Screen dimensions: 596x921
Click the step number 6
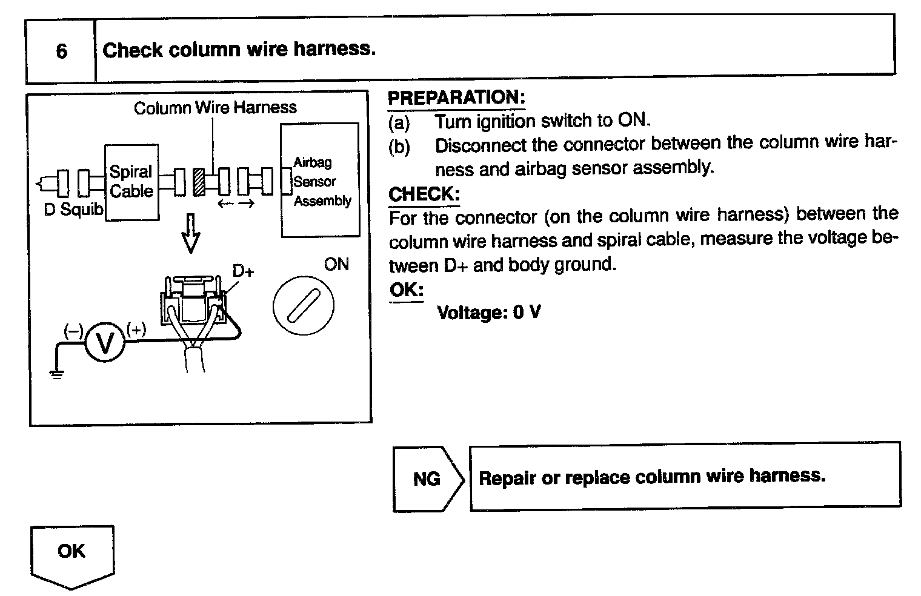[61, 51]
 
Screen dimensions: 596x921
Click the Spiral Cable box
[131, 182]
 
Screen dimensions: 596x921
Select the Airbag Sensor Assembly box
[320, 181]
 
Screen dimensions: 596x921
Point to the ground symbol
[56, 374]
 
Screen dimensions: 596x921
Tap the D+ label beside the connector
[243, 271]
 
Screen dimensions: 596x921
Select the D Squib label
[74, 210]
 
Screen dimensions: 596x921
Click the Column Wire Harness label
[215, 108]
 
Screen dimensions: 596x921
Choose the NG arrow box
[428, 478]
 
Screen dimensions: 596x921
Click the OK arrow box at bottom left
[71, 555]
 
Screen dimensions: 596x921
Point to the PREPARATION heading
[456, 98]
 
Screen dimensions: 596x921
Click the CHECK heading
[424, 194]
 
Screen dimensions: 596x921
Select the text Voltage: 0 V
[488, 313]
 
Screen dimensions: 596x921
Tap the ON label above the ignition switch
[336, 264]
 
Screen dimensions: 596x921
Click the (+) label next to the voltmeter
[136, 329]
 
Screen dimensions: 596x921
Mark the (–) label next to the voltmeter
[73, 330]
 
